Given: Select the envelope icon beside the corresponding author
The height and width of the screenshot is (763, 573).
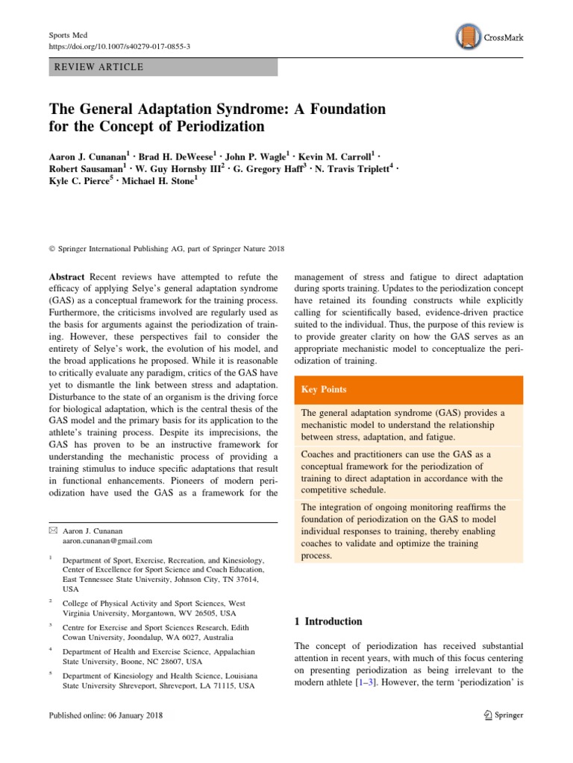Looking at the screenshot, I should pyautogui.click(x=51, y=529).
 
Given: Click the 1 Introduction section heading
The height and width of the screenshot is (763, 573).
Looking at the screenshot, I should pyautogui.click(x=325, y=621).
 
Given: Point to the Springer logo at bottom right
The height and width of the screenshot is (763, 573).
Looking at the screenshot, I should pyautogui.click(x=504, y=715).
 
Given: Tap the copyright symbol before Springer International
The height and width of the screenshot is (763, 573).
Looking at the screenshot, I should pyautogui.click(x=51, y=249).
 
